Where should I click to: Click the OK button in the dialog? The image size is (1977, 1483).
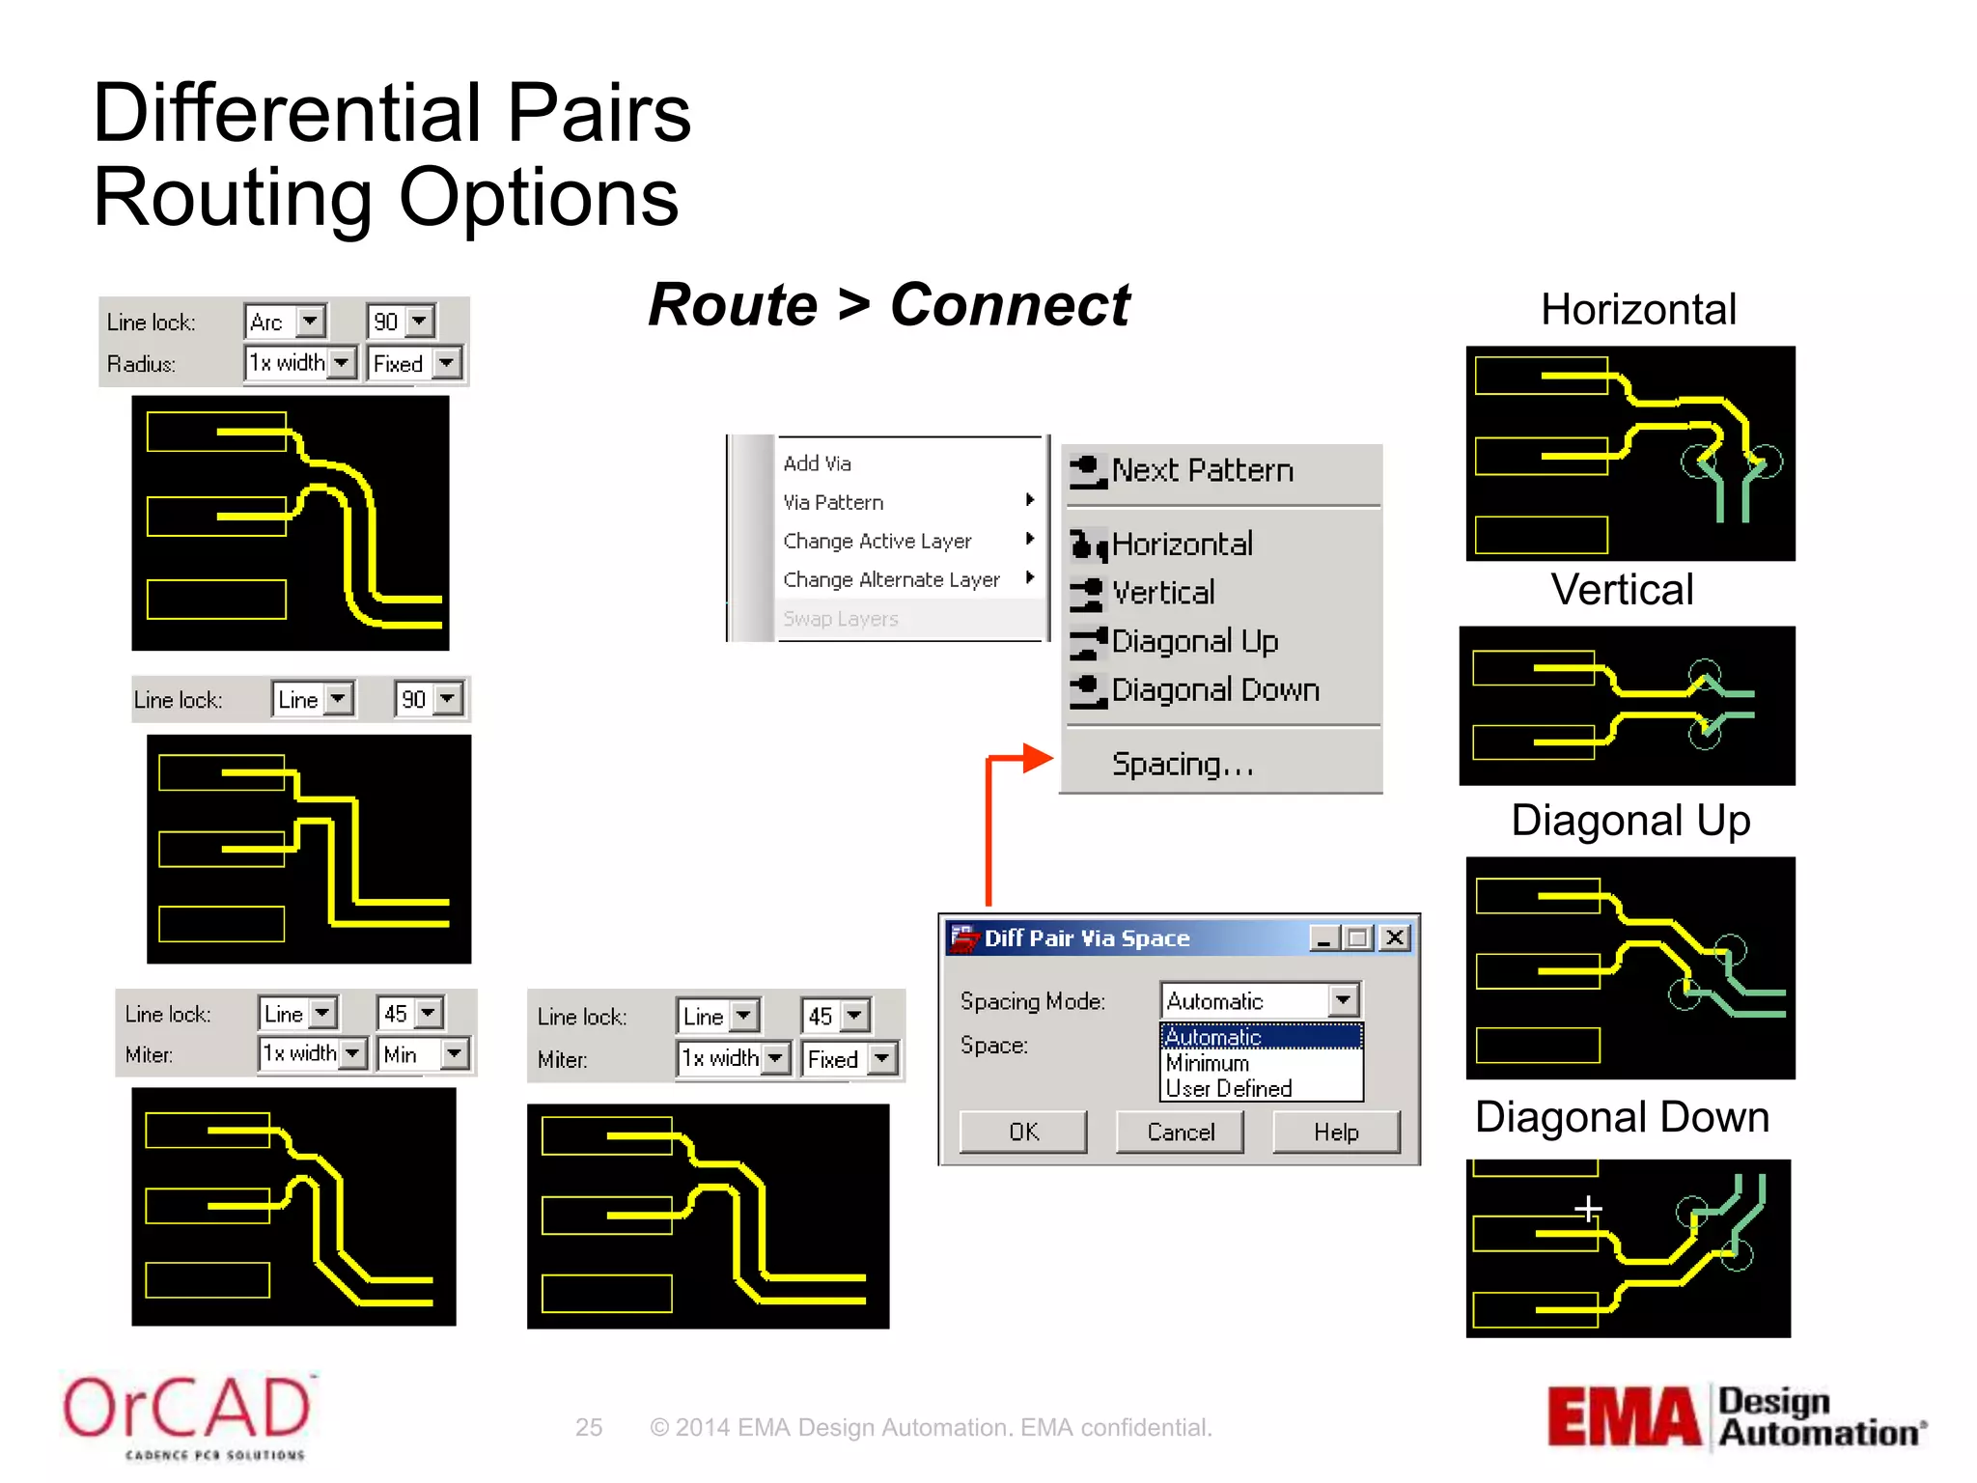pos(1022,1132)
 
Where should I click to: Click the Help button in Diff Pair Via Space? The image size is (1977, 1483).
pos(1335,1132)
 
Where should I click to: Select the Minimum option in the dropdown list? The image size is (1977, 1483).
pos(1208,1063)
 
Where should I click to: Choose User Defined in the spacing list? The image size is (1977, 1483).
pos(1228,1088)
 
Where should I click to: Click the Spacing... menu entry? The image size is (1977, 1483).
pos(1183,765)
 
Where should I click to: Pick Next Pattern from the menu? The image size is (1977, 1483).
pos(1202,471)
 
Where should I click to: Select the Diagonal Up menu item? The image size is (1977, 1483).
pos(1194,641)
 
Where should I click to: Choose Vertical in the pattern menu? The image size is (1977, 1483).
pos(1163,593)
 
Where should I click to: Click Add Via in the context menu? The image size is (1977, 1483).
pos(817,463)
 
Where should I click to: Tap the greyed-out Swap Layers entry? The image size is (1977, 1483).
pos(840,619)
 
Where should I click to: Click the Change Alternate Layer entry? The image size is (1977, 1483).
pos(891,579)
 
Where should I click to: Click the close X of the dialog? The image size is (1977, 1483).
pos(1394,937)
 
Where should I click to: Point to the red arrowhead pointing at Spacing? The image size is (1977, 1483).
pos(1039,758)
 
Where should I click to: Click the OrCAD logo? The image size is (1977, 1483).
pos(186,1414)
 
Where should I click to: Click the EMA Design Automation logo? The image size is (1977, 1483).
pos(1736,1417)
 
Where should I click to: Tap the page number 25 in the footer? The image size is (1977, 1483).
pos(589,1427)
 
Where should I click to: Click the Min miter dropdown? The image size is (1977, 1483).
pos(424,1053)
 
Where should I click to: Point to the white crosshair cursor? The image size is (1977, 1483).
pos(1588,1208)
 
